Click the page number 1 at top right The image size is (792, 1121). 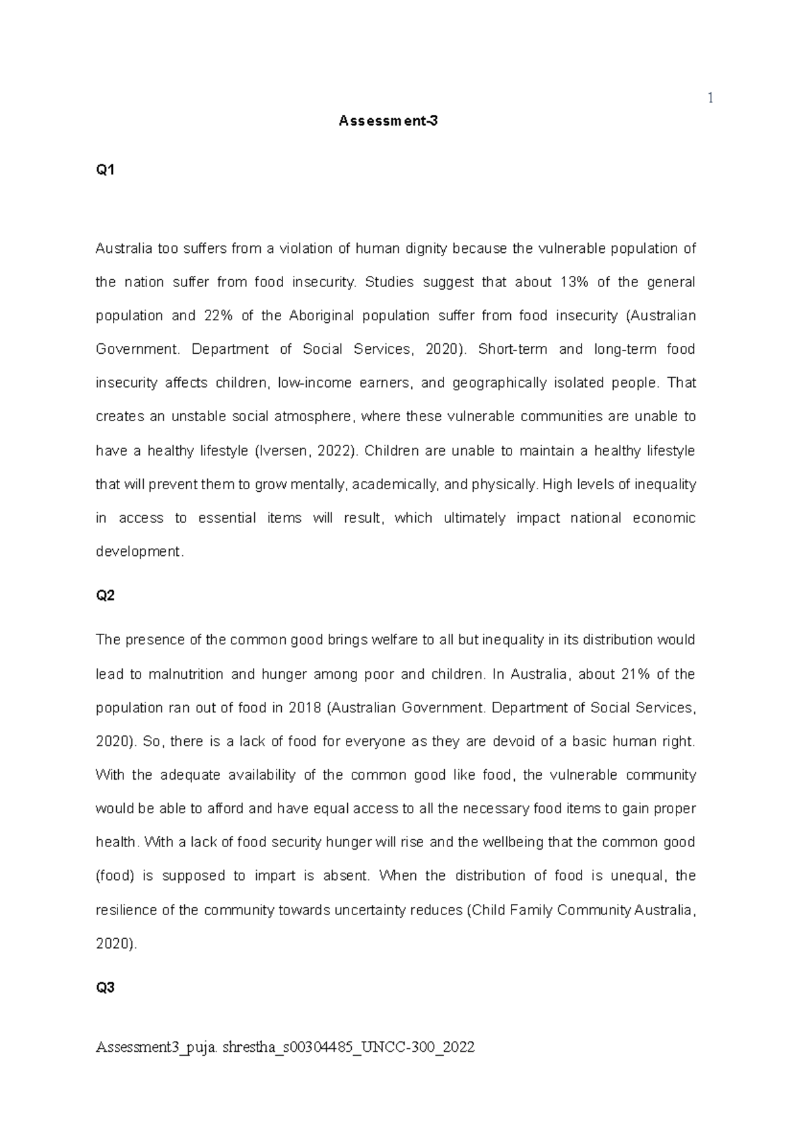point(710,99)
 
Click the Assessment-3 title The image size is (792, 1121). point(388,121)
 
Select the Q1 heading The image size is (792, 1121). point(105,170)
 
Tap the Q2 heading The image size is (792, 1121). point(105,595)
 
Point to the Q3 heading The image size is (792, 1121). point(105,988)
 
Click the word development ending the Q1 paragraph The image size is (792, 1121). point(138,552)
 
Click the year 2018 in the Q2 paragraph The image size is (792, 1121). point(304,708)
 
